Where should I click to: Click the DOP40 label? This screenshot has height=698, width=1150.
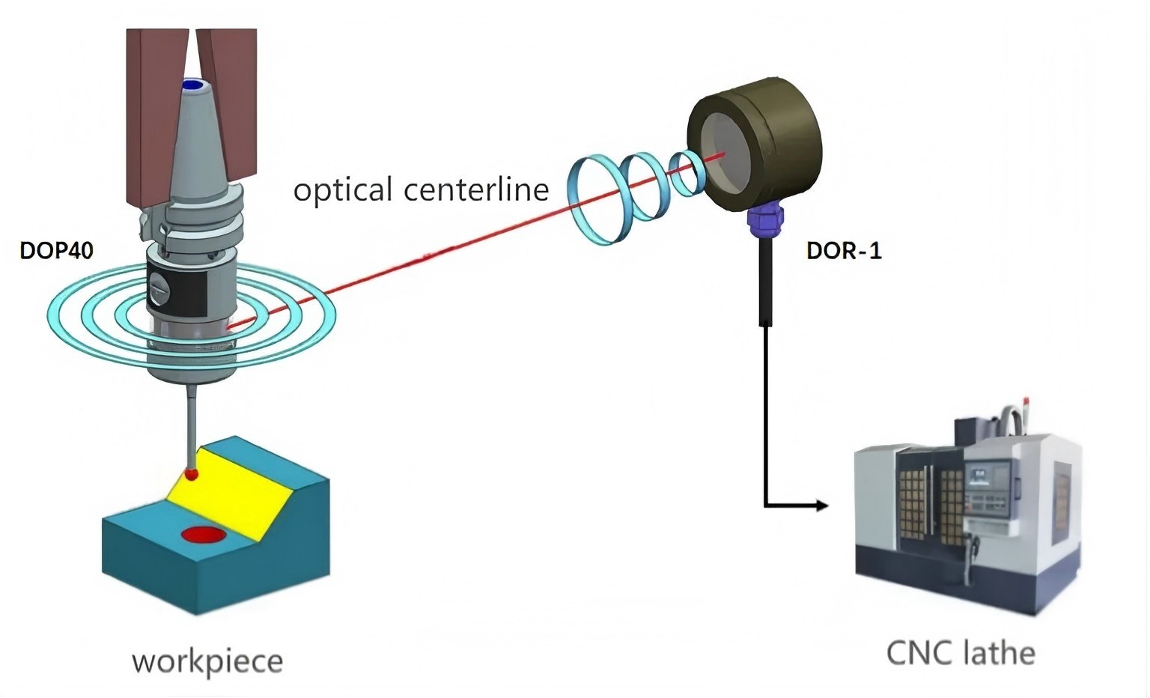56,250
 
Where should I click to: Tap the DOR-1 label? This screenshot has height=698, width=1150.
844,250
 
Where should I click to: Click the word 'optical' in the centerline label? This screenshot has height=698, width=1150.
342,189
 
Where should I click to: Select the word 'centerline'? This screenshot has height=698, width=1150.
476,189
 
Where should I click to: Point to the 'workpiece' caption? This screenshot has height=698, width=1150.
207,661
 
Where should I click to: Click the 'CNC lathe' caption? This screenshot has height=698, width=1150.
961,652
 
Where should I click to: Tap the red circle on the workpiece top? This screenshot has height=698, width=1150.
206,535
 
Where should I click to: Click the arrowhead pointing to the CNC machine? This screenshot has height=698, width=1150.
821,506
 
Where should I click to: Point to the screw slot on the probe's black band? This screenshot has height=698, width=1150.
162,286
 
